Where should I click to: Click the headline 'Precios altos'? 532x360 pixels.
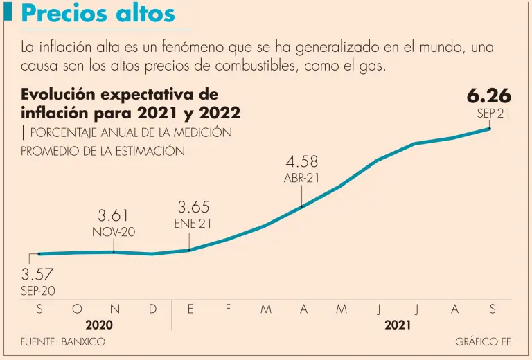pos(98,14)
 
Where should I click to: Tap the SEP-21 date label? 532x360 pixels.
pos(493,114)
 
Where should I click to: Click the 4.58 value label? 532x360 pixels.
pos(301,161)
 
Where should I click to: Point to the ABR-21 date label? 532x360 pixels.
pos(301,178)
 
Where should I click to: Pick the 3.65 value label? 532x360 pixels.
pos(193,207)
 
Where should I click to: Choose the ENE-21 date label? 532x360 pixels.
pos(193,223)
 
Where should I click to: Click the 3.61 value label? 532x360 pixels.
pos(114,215)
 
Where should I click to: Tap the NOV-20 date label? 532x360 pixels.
pos(114,232)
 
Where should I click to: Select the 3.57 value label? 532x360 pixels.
pos(37,275)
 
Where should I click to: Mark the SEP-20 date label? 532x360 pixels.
pos(37,291)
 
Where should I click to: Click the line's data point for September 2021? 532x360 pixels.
pos(490,128)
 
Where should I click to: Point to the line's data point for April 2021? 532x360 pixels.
pos(302,206)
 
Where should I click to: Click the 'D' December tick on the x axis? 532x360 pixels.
pos(152,309)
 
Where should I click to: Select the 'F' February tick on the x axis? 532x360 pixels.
pos(228,309)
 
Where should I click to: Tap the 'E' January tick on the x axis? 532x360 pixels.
pos(190,309)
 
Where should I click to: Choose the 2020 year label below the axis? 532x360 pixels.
pos(98,324)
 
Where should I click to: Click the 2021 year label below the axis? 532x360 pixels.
pos(398,324)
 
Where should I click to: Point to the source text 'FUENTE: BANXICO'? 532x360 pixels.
pos(63,342)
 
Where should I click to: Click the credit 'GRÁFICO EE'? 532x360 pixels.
pos(483,342)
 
